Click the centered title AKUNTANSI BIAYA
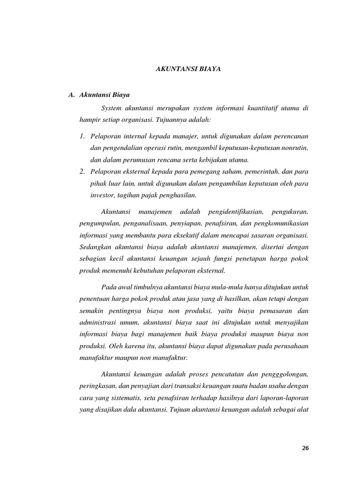[x=188, y=69]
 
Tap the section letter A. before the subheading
[x=72, y=95]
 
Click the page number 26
[x=305, y=448]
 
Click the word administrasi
[x=100, y=322]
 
